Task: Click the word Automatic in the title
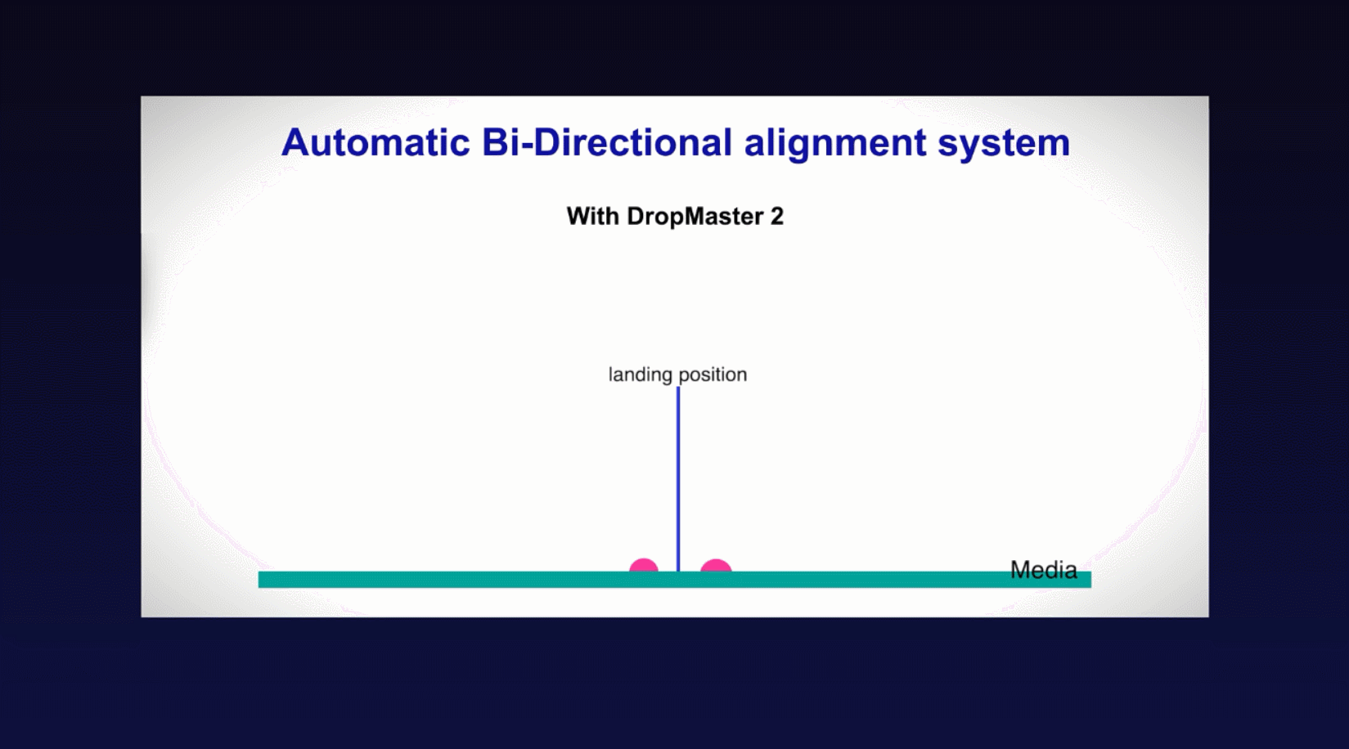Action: pos(375,143)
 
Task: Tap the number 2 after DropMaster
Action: pos(777,216)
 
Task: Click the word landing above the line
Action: pos(641,375)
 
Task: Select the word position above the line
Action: pos(713,375)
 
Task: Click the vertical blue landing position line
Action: pos(678,479)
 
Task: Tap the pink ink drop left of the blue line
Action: pos(643,566)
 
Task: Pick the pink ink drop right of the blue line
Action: pos(716,566)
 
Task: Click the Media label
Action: pos(1044,570)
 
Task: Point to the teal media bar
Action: pos(674,579)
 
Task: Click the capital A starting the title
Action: pos(295,143)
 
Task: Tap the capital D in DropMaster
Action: pos(636,216)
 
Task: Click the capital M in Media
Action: pos(1021,570)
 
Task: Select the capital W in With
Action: pos(579,216)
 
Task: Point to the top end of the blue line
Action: pos(678,387)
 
